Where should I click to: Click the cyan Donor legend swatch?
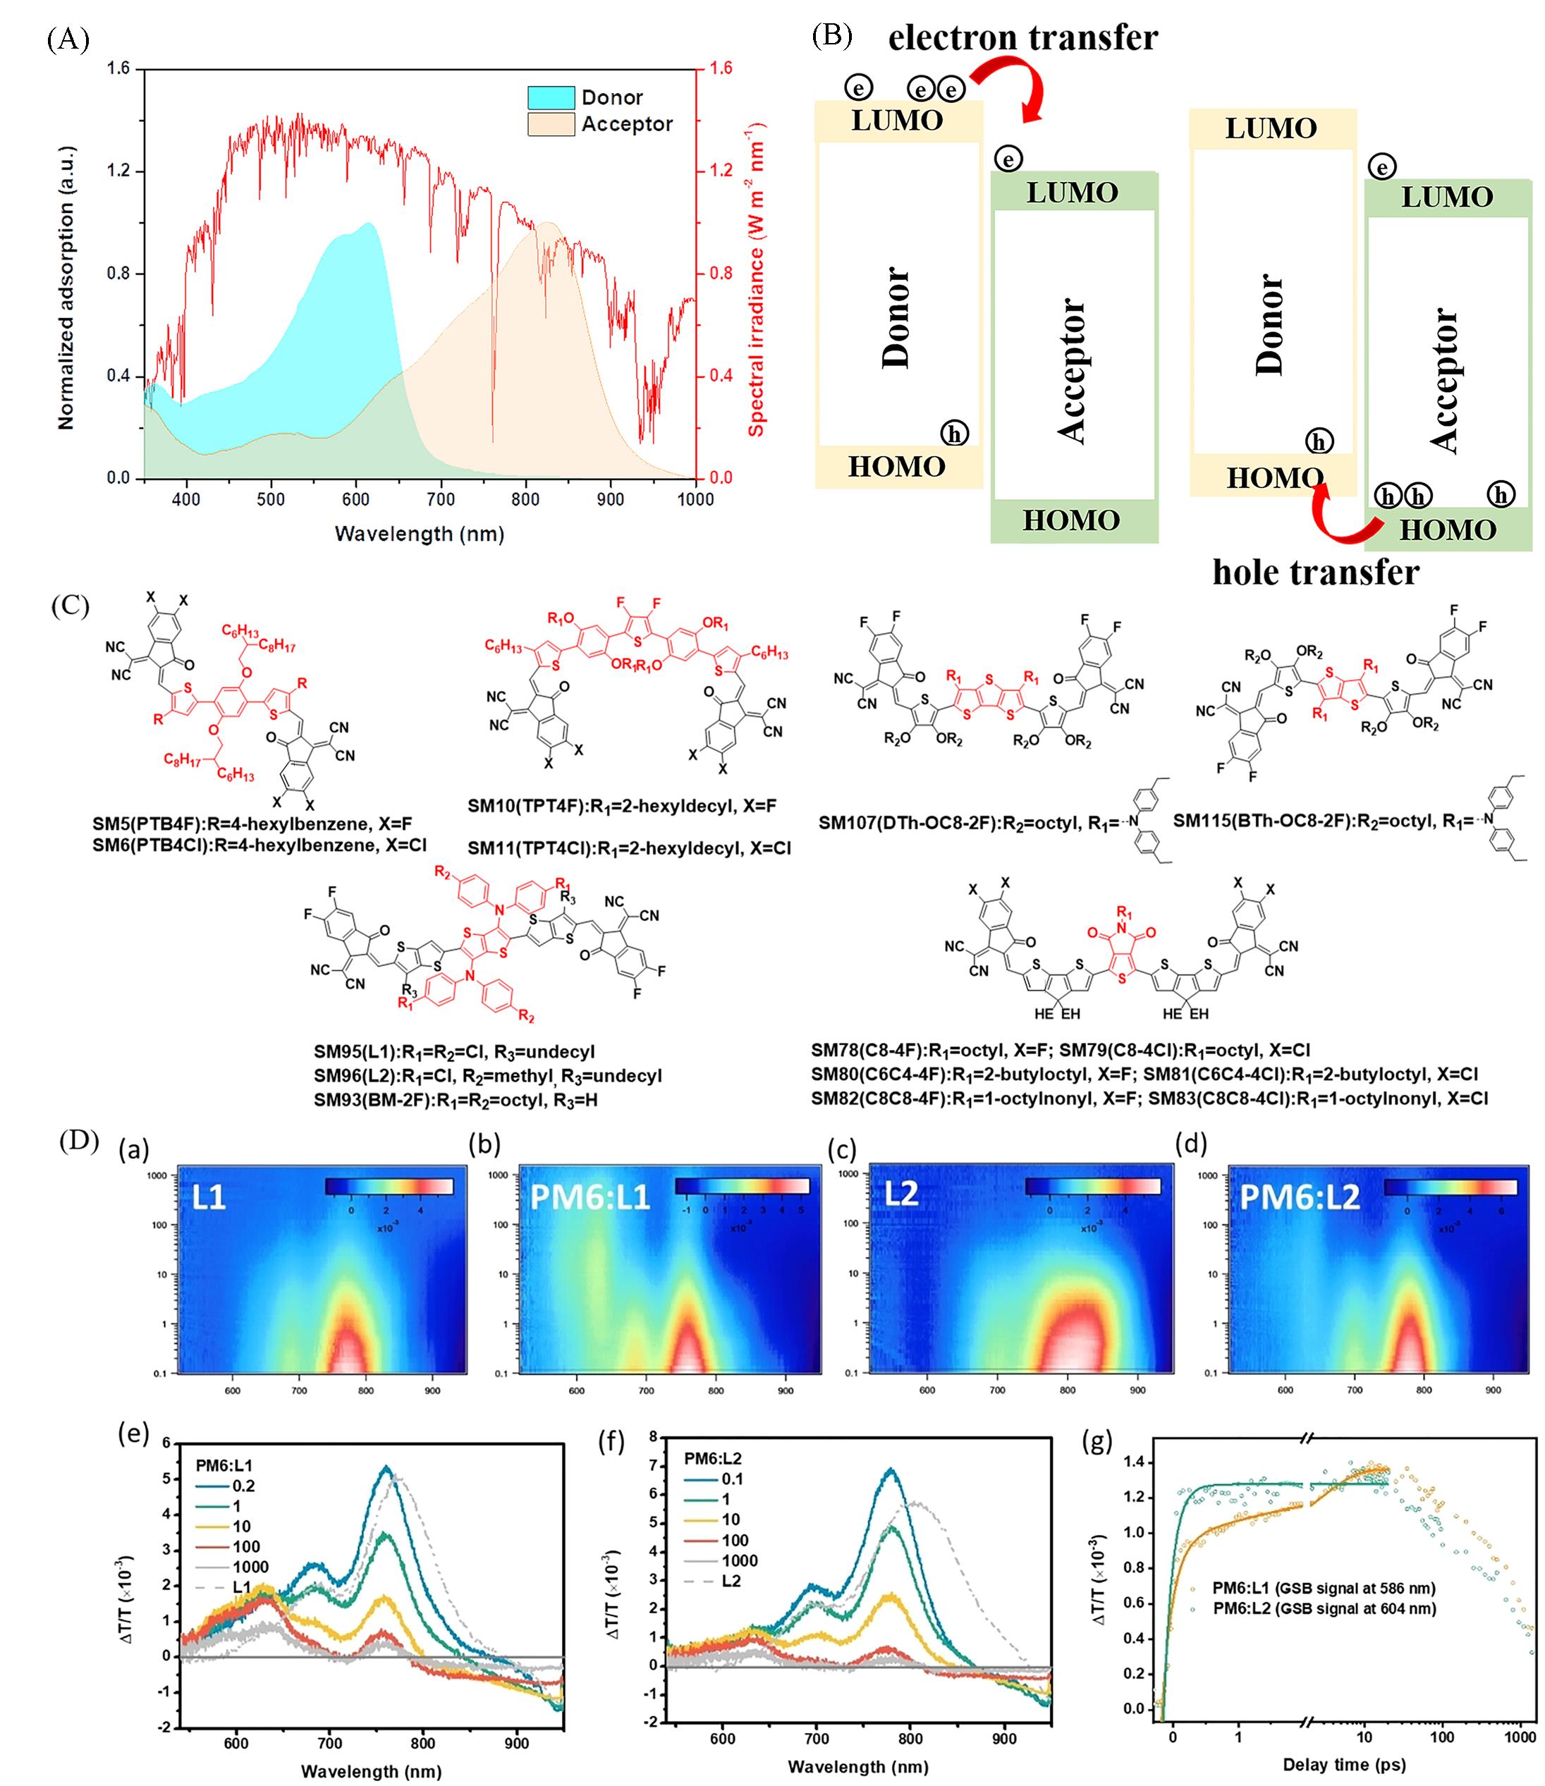click(x=551, y=97)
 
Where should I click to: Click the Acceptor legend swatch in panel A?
click(x=551, y=124)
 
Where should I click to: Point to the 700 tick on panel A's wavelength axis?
click(x=441, y=499)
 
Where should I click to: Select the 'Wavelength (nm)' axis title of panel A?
click(x=419, y=534)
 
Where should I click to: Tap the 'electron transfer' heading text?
click(x=1022, y=38)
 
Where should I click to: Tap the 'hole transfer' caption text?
click(x=1316, y=573)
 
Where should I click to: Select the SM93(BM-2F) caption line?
click(x=456, y=1100)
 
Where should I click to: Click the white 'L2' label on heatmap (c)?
click(x=902, y=1193)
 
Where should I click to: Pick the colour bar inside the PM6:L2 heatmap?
click(x=1451, y=1187)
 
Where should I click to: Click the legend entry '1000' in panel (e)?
click(x=250, y=1567)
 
